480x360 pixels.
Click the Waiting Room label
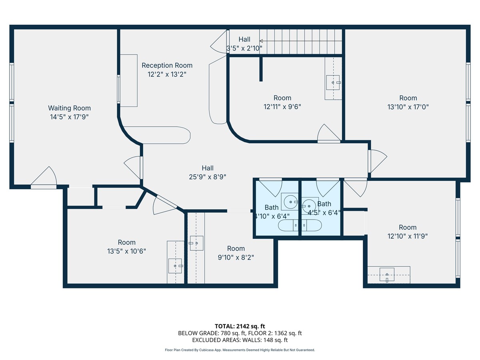(x=69, y=108)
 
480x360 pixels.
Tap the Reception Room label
(x=167, y=65)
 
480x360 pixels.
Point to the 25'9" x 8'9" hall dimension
(x=208, y=177)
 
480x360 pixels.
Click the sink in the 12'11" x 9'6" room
(x=333, y=82)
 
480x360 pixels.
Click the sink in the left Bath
(x=290, y=202)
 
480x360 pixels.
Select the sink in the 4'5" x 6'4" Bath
(x=310, y=206)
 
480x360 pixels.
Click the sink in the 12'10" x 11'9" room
(x=387, y=274)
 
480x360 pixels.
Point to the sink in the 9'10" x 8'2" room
(x=196, y=243)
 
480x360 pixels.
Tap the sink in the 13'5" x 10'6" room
(x=175, y=266)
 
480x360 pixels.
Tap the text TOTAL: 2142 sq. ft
(x=240, y=326)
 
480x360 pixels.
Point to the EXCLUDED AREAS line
(x=240, y=340)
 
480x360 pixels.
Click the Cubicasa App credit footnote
(x=240, y=350)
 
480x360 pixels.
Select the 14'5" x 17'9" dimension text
(x=69, y=117)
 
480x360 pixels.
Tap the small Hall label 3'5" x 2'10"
(x=244, y=48)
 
